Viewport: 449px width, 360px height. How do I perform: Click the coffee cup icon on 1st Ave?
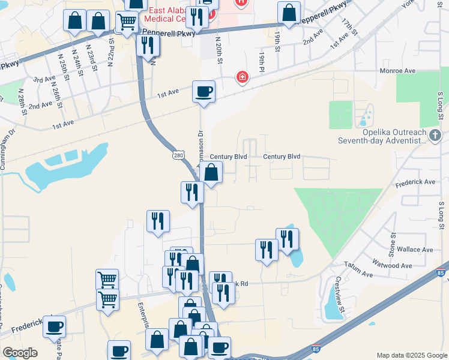[x=204, y=92]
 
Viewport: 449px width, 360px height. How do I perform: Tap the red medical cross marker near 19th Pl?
[x=242, y=78]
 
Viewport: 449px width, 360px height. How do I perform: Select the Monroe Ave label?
[x=397, y=71]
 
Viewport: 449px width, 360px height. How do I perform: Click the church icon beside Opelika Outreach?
[x=436, y=136]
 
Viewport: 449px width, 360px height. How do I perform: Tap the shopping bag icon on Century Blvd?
[x=211, y=172]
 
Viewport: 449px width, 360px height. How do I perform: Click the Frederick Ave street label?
[x=421, y=181]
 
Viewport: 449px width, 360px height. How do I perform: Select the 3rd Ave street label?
[x=44, y=80]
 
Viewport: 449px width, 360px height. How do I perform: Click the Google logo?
[x=20, y=353]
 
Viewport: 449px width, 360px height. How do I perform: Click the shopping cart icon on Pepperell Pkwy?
[x=127, y=23]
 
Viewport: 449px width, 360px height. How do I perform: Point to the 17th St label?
[x=348, y=27]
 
